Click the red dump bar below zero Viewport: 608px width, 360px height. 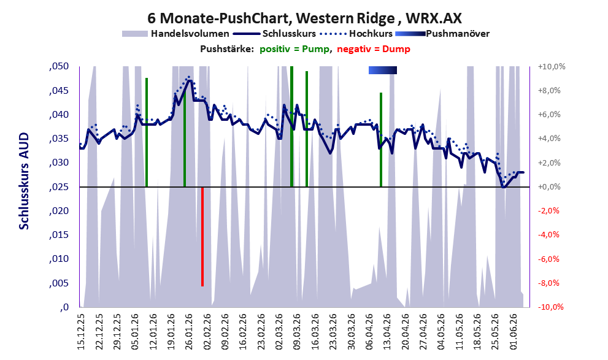[x=202, y=236]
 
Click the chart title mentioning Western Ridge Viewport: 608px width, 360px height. [x=304, y=18]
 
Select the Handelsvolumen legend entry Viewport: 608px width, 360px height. [x=175, y=34]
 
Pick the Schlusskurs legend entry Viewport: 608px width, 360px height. [x=274, y=34]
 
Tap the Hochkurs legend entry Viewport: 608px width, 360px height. [x=356, y=34]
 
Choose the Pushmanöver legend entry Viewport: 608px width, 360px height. [x=442, y=34]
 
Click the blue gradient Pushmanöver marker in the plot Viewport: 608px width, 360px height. [x=383, y=70]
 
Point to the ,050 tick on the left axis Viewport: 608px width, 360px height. [x=59, y=66]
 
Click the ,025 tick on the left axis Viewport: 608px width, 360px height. [x=59, y=187]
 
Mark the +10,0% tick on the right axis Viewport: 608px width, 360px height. [x=552, y=67]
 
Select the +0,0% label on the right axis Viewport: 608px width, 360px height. [x=549, y=187]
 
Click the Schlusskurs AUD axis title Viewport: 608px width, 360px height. [x=24, y=181]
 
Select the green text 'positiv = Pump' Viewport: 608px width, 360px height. [x=295, y=49]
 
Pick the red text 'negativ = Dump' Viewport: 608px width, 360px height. [x=374, y=49]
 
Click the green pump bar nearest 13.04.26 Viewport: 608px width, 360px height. [x=381, y=140]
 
